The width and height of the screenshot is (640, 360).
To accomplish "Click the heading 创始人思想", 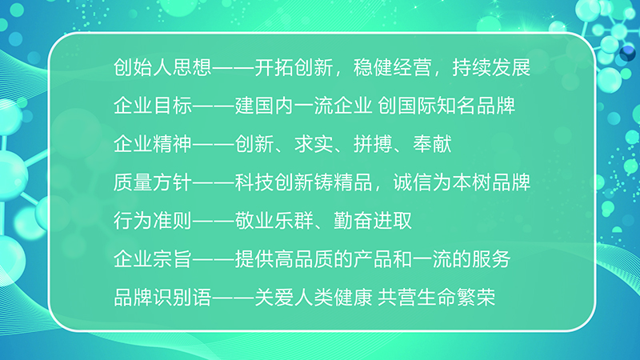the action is [162, 67].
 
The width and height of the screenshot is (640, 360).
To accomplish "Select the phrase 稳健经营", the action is [393, 67].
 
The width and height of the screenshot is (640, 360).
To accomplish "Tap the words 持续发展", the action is [491, 67].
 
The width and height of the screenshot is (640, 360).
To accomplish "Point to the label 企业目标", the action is [153, 106].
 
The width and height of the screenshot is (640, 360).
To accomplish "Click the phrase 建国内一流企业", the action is [304, 106].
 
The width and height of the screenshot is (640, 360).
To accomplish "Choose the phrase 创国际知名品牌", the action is [446, 106].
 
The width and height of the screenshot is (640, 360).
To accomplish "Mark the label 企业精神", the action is [153, 144].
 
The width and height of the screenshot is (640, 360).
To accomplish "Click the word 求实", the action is [314, 144].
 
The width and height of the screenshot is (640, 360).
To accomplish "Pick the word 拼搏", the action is [373, 144].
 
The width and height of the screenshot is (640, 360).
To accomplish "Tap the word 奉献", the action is [432, 144].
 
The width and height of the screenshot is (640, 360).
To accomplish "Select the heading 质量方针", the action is [153, 182].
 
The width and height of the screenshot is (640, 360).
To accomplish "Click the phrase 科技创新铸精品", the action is [304, 182].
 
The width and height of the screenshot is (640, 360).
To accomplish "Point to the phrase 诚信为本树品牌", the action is [462, 182].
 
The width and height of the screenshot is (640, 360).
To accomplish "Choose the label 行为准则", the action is [153, 221].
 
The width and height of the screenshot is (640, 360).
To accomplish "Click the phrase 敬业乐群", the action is [274, 221].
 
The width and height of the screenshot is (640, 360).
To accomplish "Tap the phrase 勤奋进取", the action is [373, 221].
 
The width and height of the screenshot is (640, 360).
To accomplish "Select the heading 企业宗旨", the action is [153, 259].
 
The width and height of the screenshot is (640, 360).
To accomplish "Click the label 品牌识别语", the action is [162, 298].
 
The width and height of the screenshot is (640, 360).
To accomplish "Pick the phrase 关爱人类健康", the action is [314, 298].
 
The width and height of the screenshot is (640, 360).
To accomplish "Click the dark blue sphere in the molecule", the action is [627, 53].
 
